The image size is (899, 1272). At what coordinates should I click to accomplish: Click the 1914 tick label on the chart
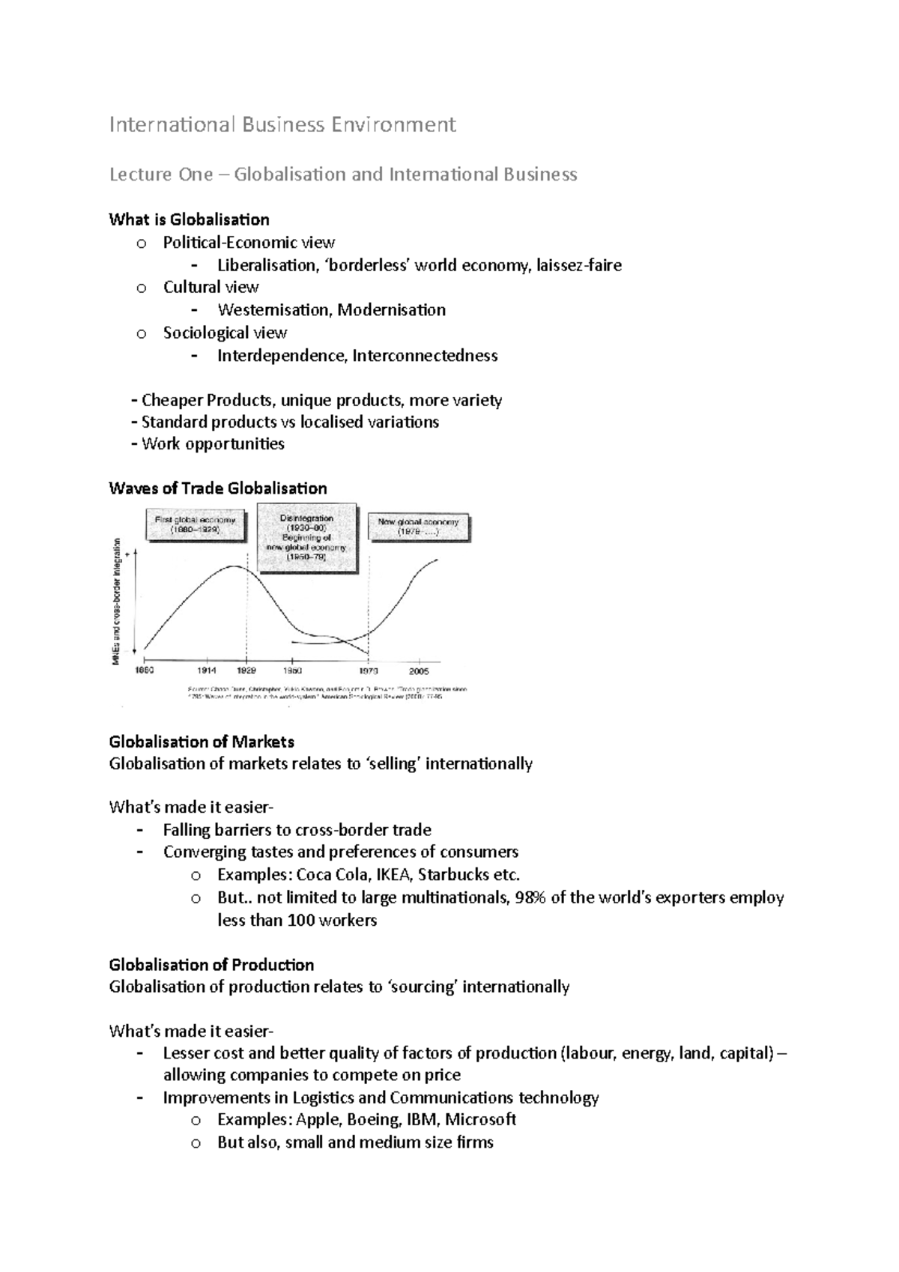207,671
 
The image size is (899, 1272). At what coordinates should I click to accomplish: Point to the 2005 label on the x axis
419,671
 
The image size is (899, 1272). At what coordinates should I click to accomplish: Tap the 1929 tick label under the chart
246,671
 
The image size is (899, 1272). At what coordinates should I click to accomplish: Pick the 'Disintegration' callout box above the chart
306,537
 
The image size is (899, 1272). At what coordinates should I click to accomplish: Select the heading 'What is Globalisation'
189,219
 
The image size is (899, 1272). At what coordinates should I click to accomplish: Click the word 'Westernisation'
273,310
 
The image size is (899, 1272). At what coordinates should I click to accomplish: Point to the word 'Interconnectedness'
425,356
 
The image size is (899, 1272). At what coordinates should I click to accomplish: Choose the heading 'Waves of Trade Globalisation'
218,488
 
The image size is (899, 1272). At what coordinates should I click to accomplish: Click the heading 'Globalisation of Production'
211,965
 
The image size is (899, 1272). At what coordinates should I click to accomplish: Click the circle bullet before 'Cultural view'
141,288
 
